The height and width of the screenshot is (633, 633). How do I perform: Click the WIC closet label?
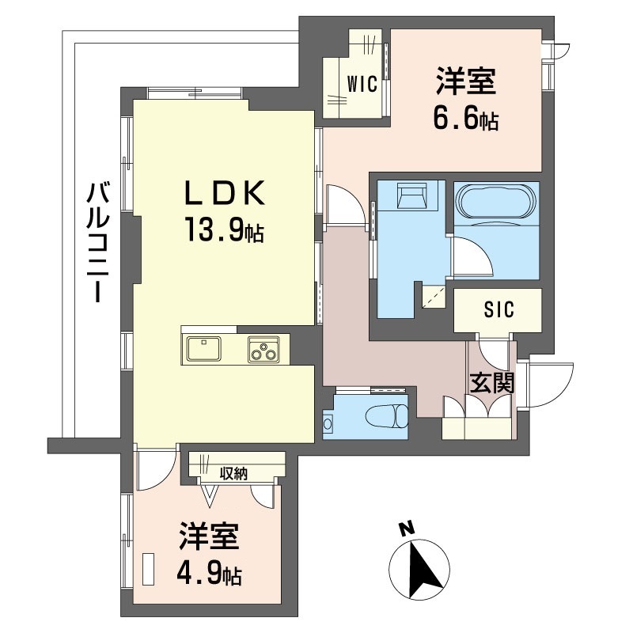tap(362, 84)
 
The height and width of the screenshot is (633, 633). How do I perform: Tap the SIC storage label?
tap(499, 309)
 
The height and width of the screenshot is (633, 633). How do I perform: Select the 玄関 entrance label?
tap(492, 382)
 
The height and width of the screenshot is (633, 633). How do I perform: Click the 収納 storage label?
tap(233, 474)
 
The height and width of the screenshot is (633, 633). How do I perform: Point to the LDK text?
tap(225, 192)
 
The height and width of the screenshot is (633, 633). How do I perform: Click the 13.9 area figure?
tap(215, 229)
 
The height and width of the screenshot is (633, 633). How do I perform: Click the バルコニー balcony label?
tap(98, 242)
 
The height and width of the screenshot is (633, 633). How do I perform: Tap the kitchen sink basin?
tap(203, 349)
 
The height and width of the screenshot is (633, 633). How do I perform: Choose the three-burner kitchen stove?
tap(263, 349)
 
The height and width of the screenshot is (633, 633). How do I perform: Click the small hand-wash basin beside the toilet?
tap(328, 423)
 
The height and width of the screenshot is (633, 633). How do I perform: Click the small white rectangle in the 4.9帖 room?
tap(149, 568)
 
